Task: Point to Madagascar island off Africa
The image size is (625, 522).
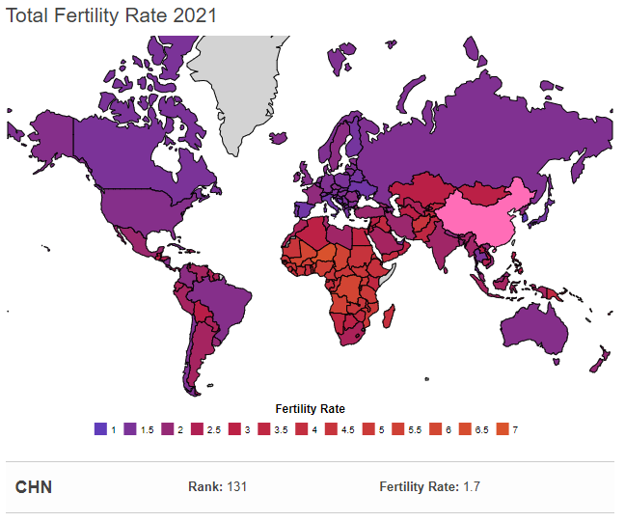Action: pyautogui.click(x=392, y=315)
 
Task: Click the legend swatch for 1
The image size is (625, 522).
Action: pyautogui.click(x=100, y=427)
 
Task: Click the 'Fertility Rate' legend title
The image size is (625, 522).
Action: pyautogui.click(x=310, y=408)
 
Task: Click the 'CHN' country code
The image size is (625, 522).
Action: pyautogui.click(x=34, y=486)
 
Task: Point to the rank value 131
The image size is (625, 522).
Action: pyautogui.click(x=236, y=486)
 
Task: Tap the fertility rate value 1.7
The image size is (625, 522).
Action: pyautogui.click(x=471, y=486)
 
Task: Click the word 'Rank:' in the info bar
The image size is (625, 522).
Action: pyautogui.click(x=204, y=486)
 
